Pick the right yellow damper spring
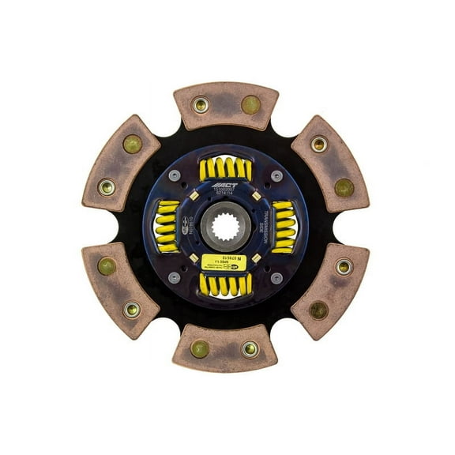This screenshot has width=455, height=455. click(x=282, y=226)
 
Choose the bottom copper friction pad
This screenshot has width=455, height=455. click(x=226, y=348)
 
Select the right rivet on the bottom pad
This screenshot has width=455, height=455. click(x=249, y=348)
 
